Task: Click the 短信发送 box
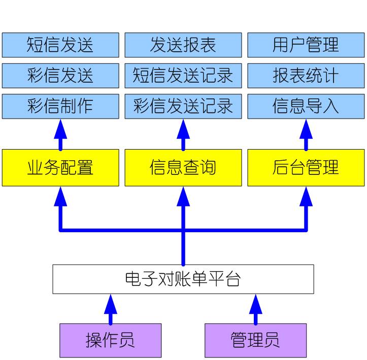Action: [60, 45]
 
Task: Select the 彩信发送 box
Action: [60, 76]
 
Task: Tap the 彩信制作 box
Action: [60, 106]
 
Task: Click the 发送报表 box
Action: [183, 45]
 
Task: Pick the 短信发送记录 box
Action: [183, 76]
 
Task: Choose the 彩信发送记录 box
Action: [183, 106]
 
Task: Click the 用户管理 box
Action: [306, 45]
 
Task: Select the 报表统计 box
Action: [306, 76]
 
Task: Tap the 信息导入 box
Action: [306, 106]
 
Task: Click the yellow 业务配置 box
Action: [60, 167]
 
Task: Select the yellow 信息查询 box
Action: [183, 167]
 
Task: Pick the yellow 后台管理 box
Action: [306, 167]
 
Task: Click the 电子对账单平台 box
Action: [183, 279]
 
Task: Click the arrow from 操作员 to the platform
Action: [110, 309]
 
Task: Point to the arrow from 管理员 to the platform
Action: [255, 309]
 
